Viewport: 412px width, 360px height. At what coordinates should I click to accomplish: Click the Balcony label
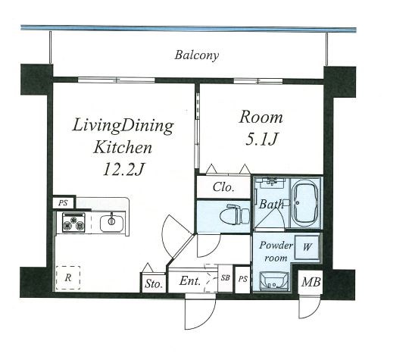tap(197, 55)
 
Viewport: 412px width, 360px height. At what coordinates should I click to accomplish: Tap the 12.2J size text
tap(123, 169)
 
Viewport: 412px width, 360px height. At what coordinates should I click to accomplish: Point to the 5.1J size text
tap(261, 139)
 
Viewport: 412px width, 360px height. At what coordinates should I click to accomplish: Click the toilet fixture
tap(234, 214)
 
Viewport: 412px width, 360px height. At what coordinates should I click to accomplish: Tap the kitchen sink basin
tap(111, 224)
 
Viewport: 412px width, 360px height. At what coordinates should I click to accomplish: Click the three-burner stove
tap(73, 223)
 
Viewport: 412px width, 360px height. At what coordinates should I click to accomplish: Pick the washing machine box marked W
tap(307, 247)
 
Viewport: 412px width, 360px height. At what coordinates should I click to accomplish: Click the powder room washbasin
tap(274, 281)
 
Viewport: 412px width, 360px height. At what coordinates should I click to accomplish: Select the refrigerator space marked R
tap(68, 277)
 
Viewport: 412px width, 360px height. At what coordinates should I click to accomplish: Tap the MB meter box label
tap(311, 282)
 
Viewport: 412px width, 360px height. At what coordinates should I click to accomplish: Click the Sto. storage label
tap(154, 283)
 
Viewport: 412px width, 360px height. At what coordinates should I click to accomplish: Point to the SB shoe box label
tap(225, 277)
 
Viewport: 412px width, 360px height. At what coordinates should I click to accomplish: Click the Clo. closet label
tap(223, 187)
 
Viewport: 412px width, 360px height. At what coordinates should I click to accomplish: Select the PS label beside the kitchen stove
tap(63, 203)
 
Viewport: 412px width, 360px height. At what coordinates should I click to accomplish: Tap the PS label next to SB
tap(243, 279)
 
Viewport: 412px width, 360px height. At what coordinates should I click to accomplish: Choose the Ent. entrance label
tap(190, 281)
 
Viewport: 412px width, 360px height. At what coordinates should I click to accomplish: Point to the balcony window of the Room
tap(258, 81)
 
